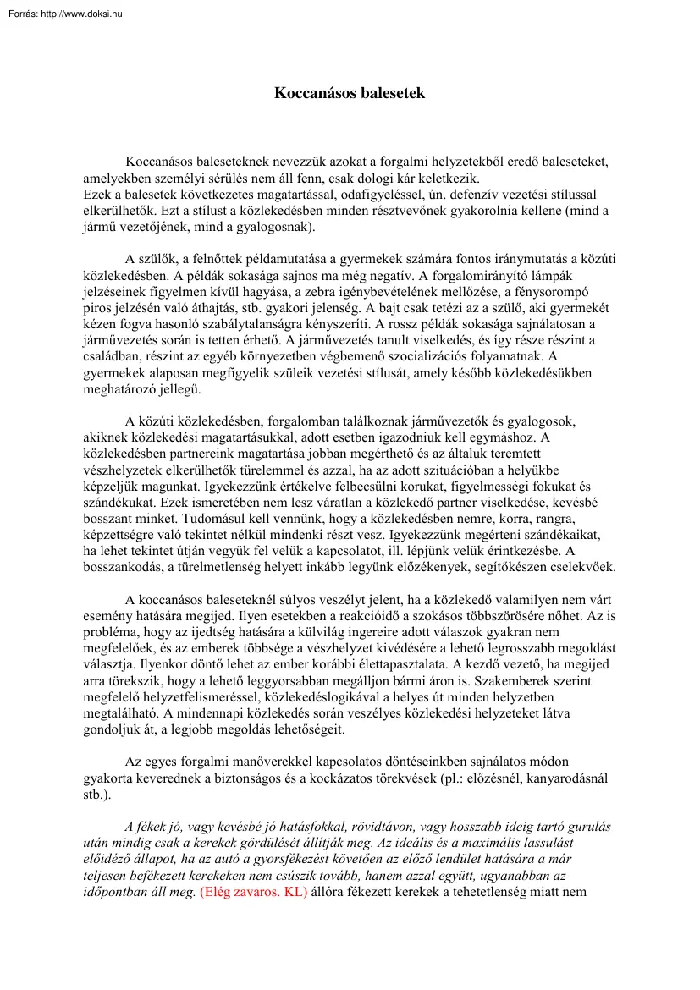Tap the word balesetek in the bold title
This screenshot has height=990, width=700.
(388, 93)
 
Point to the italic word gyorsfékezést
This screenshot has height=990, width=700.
(336, 859)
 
